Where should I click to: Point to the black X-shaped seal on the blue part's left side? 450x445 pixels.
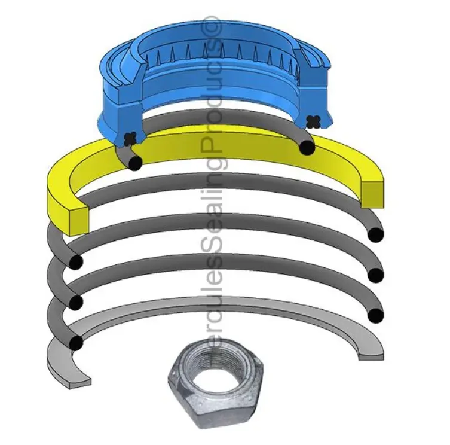[x=130, y=138]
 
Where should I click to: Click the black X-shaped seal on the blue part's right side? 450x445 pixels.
[x=312, y=121]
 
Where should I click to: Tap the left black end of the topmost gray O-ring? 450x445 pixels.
[x=136, y=161]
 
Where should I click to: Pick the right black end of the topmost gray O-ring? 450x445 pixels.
[x=307, y=147]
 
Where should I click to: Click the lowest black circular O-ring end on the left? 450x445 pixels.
[x=76, y=343]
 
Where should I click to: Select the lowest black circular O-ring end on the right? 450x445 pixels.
[x=375, y=315]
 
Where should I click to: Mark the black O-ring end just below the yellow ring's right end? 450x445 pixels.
[x=375, y=235]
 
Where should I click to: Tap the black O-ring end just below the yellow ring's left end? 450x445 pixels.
[x=76, y=262]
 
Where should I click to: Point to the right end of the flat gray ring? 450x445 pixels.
[x=371, y=353]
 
